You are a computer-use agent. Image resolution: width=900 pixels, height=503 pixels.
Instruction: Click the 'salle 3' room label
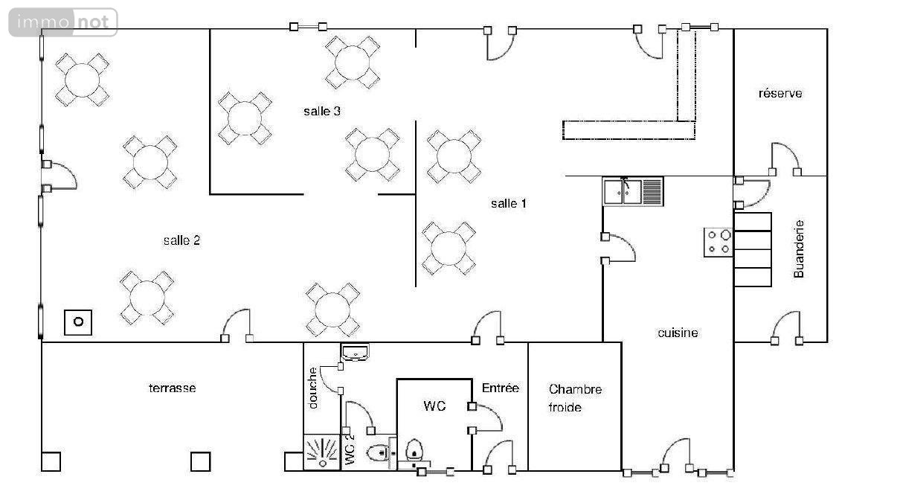(322, 111)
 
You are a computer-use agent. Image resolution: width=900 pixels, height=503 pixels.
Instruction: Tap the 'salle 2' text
(181, 240)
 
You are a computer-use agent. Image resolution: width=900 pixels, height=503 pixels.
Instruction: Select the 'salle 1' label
(509, 203)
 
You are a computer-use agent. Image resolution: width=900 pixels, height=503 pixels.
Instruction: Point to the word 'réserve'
(780, 93)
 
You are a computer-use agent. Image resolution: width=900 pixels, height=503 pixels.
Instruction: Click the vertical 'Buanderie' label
(799, 249)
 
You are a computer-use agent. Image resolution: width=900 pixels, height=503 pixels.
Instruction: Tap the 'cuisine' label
(678, 333)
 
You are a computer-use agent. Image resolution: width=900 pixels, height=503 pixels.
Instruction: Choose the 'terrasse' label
(173, 388)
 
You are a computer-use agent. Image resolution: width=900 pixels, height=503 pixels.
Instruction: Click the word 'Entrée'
(501, 388)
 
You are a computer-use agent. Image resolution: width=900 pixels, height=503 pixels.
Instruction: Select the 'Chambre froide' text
(575, 398)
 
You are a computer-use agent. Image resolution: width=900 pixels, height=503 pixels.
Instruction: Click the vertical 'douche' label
(312, 388)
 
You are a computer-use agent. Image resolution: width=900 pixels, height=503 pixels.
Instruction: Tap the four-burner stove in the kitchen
(719, 243)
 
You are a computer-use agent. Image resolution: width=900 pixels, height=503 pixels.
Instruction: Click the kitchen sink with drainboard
(633, 192)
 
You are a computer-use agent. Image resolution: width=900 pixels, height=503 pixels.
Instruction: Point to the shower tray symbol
(322, 452)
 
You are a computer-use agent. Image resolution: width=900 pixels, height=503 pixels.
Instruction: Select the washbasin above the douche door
(355, 352)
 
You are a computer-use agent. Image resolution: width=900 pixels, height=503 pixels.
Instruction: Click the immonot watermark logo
(63, 22)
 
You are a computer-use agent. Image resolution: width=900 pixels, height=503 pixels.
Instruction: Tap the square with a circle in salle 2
(78, 322)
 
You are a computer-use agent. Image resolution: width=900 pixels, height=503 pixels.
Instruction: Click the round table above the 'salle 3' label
(353, 63)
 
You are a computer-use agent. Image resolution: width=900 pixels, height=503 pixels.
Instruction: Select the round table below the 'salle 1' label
(449, 248)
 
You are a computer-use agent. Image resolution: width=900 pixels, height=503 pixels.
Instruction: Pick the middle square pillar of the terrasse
(201, 461)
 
